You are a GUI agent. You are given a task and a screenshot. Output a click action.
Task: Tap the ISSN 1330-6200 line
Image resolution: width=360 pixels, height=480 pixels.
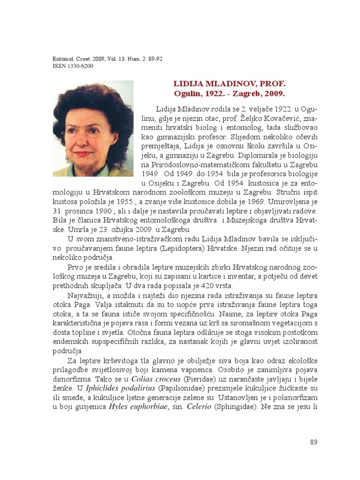pyautogui.click(x=73, y=66)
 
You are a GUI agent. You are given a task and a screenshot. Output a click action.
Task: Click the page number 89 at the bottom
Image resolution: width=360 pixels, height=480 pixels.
pyautogui.click(x=314, y=442)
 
